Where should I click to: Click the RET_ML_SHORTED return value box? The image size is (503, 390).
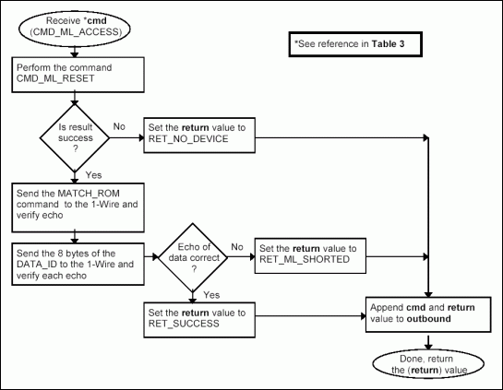click(310, 254)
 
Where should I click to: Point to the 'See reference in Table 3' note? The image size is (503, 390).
click(351, 44)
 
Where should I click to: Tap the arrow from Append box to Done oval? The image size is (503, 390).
click(425, 340)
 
